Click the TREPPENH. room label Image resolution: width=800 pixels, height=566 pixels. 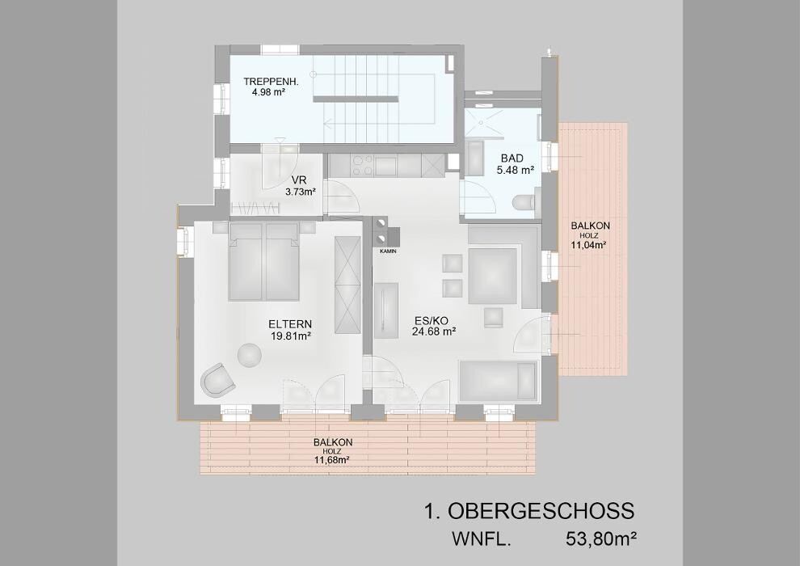271,81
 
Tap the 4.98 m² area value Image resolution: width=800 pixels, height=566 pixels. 267,92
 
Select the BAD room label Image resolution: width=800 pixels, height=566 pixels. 512,158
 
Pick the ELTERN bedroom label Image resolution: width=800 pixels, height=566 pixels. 290,324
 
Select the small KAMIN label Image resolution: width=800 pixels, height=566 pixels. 388,251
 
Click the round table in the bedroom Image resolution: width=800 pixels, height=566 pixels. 250,355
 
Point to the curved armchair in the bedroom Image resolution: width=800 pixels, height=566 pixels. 217,380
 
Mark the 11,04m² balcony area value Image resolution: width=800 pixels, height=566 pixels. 588,245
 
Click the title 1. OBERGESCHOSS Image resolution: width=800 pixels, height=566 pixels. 529,511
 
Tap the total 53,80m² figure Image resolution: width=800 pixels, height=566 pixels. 601,539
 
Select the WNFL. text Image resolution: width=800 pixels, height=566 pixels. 481,539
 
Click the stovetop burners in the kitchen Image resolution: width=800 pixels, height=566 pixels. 362,166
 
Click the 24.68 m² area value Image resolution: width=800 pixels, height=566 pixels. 434,332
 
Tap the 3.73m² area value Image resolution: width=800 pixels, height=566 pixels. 301,192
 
